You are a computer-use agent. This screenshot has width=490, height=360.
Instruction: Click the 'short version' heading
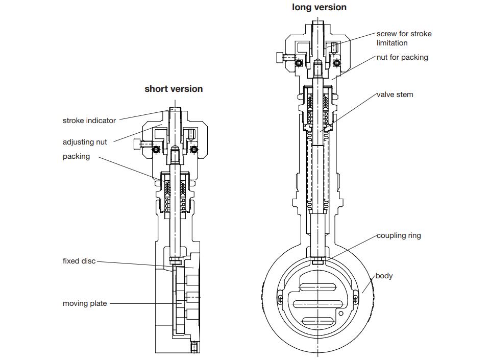174,89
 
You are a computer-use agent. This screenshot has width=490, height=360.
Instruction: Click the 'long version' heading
319,7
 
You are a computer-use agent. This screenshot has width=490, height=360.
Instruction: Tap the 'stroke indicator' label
89,121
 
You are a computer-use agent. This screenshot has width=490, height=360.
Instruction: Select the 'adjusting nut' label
85,142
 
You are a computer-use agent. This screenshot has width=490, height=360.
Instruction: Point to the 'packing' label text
76,156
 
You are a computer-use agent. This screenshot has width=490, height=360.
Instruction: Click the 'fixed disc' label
79,261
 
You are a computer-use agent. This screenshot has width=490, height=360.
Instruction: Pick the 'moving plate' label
85,303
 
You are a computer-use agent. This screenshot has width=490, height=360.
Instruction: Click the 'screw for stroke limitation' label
404,38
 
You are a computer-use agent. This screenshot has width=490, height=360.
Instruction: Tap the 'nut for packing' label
402,57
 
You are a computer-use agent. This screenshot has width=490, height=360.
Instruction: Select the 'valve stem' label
395,94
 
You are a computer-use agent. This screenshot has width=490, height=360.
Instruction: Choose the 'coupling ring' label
399,235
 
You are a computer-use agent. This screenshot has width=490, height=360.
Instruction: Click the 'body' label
384,276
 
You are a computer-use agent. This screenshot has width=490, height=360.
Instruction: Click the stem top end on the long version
317,23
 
